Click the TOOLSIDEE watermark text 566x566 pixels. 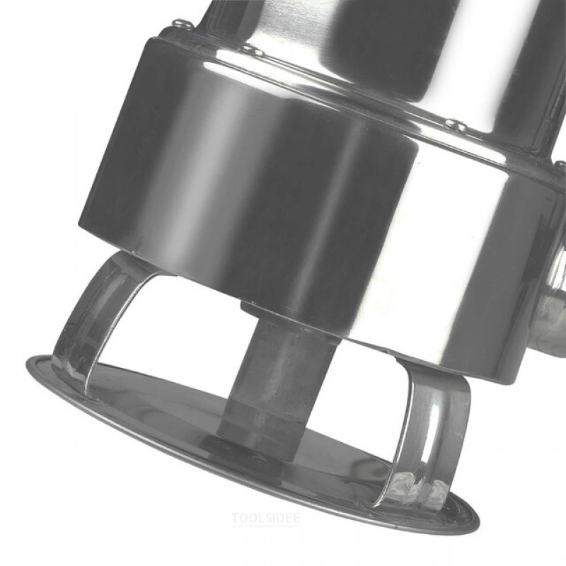(x=265, y=518)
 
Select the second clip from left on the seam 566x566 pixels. (x=253, y=50)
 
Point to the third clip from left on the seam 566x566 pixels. (x=455, y=125)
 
